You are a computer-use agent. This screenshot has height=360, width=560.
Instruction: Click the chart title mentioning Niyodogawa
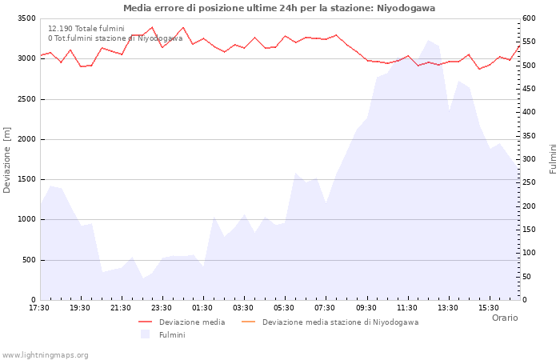(279, 8)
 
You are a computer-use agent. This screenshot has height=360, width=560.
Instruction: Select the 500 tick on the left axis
(28, 260)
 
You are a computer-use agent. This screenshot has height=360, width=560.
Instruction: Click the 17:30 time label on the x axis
(39, 307)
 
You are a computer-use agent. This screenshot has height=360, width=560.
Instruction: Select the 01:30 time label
(202, 307)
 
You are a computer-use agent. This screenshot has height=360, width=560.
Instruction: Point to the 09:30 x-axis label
(366, 307)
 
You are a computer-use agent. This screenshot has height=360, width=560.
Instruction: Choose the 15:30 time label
(488, 307)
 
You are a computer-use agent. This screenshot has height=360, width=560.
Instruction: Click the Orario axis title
(505, 318)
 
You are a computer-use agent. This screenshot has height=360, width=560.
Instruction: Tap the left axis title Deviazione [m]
(8, 159)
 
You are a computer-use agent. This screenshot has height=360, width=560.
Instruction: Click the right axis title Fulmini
(553, 158)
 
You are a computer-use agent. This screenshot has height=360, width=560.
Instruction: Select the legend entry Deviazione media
(192, 322)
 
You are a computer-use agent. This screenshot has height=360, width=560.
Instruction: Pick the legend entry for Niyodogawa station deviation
(340, 322)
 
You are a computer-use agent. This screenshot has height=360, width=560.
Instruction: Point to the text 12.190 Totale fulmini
(86, 29)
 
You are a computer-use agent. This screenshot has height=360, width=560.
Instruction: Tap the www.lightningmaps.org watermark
(46, 355)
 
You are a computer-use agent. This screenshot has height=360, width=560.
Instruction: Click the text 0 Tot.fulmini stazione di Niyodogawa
(115, 38)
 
